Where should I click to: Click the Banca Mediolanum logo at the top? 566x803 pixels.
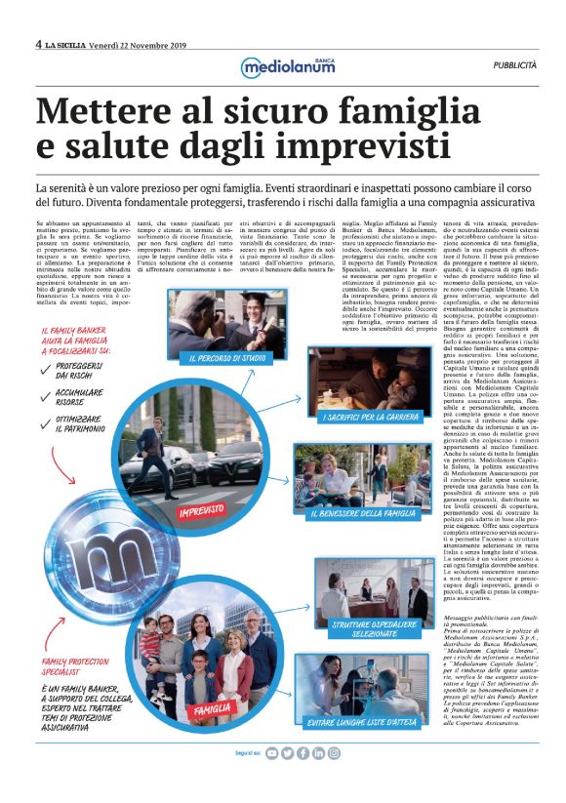click(x=283, y=66)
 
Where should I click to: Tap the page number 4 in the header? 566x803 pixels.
click(x=38, y=44)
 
